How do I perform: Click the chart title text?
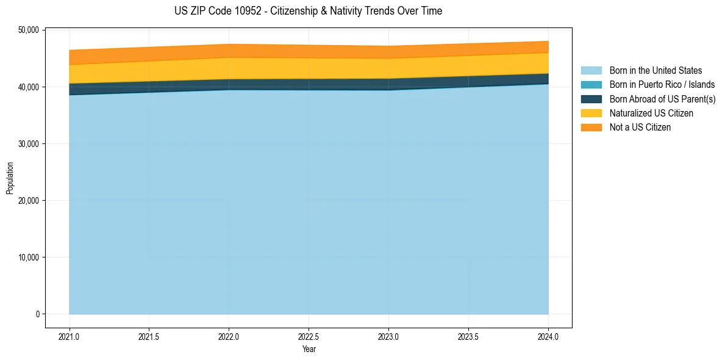(x=308, y=11)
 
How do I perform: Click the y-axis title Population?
(x=10, y=178)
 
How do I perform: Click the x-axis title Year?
(x=309, y=349)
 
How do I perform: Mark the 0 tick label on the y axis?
(x=37, y=314)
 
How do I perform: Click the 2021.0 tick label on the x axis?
(x=70, y=336)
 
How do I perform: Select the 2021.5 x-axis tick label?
(x=149, y=336)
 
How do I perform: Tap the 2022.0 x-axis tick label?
(x=229, y=336)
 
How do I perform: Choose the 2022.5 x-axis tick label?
(x=309, y=336)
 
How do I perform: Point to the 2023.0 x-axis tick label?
(x=388, y=336)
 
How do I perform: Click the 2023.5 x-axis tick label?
(x=468, y=336)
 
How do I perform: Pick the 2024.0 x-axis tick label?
(x=548, y=336)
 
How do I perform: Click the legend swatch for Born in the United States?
(x=591, y=71)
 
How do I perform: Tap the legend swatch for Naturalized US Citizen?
(x=591, y=113)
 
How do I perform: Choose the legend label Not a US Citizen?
(x=640, y=128)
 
